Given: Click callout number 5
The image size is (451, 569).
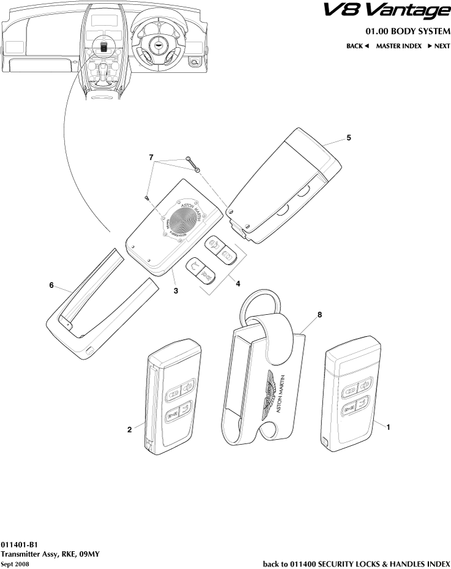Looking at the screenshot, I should (348, 138).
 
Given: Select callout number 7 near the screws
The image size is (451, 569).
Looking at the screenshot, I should (151, 158).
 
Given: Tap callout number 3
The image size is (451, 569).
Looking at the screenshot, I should (176, 290).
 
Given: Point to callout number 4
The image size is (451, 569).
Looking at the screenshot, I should (237, 284).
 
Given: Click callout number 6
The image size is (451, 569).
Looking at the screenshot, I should (52, 285).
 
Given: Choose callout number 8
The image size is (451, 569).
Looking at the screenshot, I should (319, 314).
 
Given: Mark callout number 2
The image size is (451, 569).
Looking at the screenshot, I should (130, 429).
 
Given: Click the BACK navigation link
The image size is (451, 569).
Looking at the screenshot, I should (357, 46).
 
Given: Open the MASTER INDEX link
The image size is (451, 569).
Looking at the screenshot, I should (398, 46).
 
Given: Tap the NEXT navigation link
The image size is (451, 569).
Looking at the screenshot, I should (439, 46).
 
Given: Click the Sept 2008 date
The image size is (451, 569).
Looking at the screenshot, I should (15, 563).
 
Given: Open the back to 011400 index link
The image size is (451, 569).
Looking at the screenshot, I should (356, 563).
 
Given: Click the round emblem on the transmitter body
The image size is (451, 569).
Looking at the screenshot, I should (186, 219).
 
